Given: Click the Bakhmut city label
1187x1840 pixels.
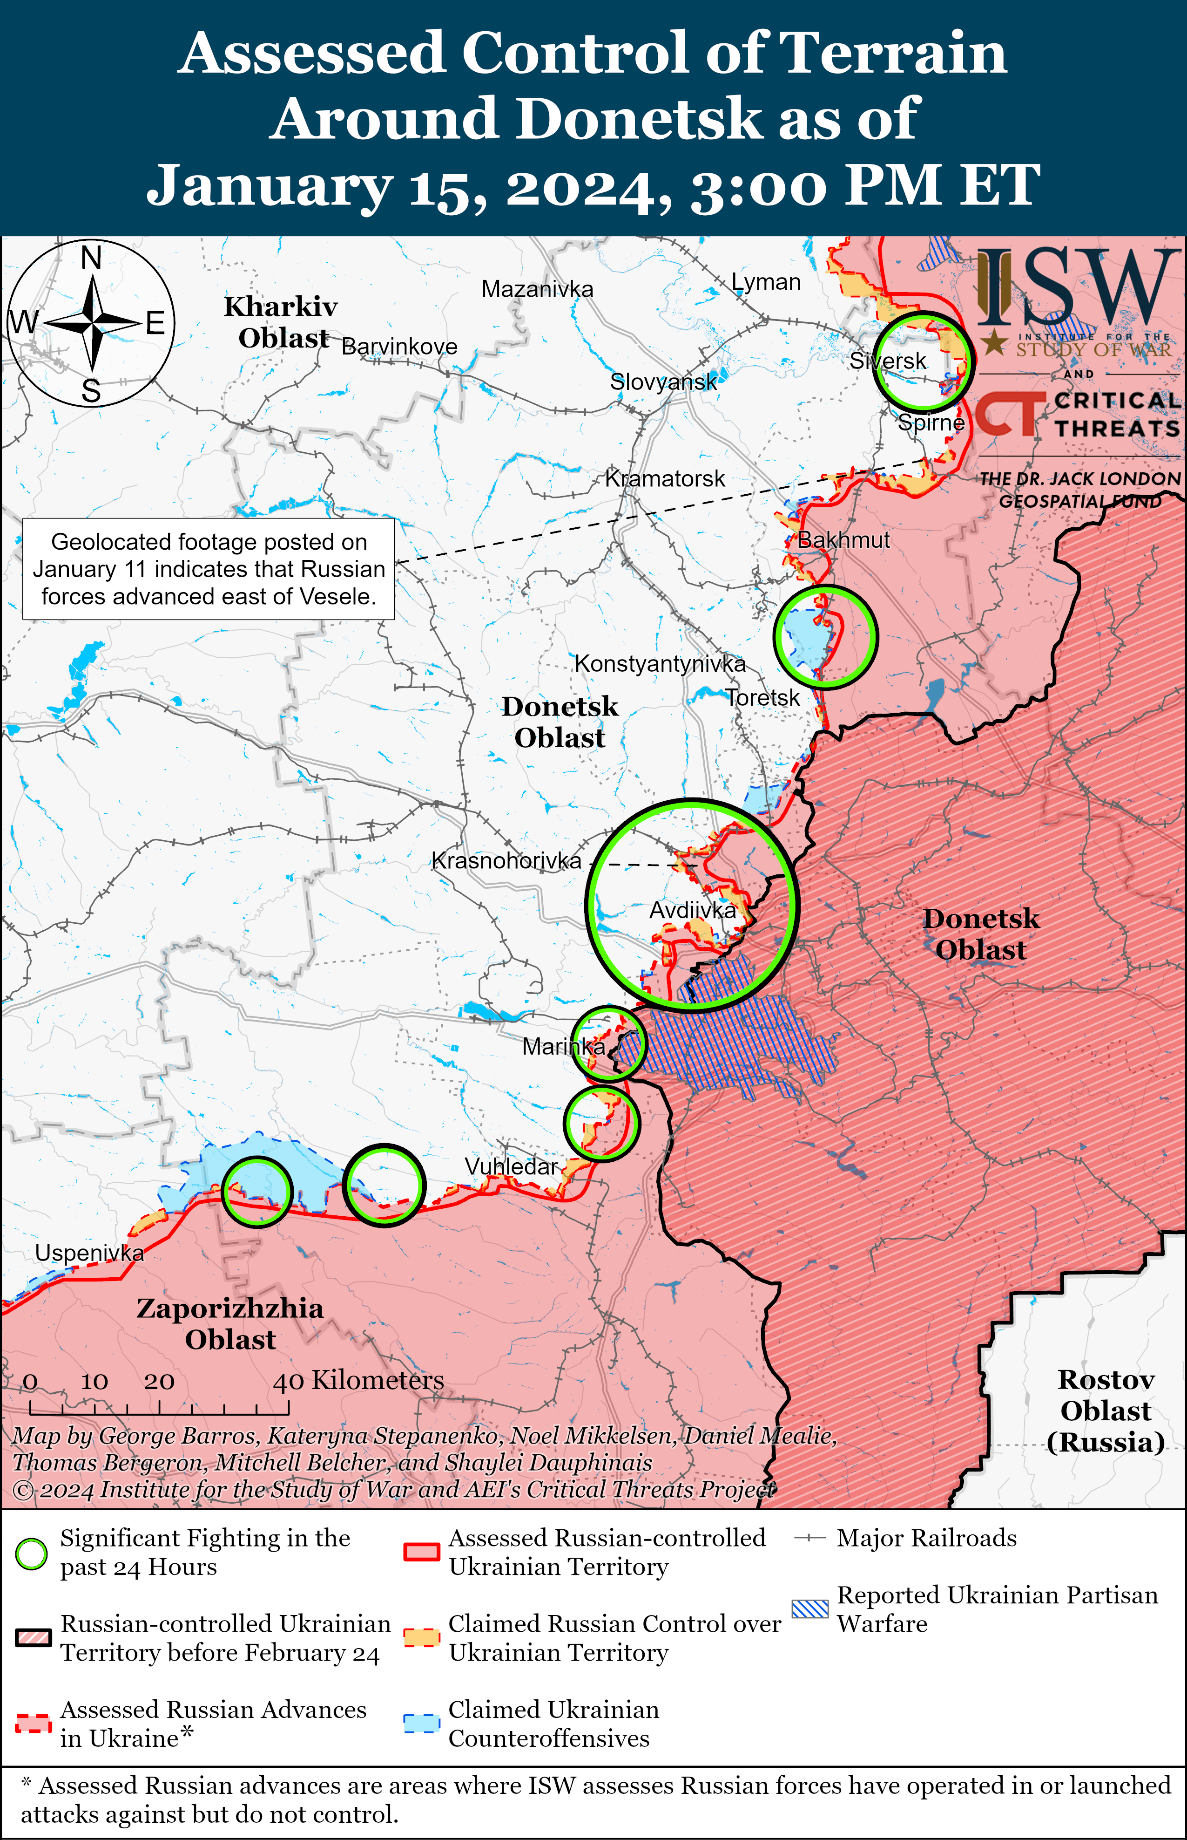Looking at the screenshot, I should click(x=843, y=540).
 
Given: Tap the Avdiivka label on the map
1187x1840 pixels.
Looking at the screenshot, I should click(x=692, y=911).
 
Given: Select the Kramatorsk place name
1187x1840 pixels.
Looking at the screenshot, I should click(x=664, y=479).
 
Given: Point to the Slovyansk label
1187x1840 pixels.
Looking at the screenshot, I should click(x=663, y=382).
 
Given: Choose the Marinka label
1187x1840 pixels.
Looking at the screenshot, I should click(x=563, y=1047).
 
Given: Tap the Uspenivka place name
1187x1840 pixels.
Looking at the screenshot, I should click(x=89, y=1253).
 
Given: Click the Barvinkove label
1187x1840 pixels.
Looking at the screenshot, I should click(x=399, y=347).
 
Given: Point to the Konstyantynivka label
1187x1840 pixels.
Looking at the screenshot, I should click(x=660, y=664).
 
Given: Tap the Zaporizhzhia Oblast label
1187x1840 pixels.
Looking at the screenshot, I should click(x=229, y=1323).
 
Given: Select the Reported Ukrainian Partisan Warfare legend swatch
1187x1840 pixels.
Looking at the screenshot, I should click(x=809, y=1608).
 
